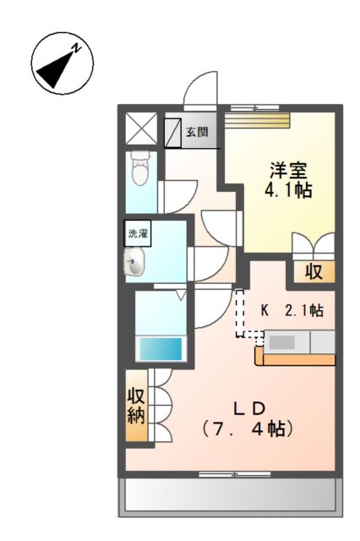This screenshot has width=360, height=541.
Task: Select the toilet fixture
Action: (x=140, y=169)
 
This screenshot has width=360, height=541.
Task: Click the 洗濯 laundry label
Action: (x=138, y=232)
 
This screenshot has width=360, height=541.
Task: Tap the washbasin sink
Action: (x=136, y=263)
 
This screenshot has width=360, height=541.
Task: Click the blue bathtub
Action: (x=161, y=348)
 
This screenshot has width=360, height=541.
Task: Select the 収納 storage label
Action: (x=137, y=406)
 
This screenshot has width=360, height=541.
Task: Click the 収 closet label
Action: (x=314, y=272)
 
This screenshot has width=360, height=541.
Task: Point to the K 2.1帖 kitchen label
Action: (x=291, y=311)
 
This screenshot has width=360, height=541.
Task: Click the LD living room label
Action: (x=249, y=406)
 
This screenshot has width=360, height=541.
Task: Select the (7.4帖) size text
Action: (x=248, y=429)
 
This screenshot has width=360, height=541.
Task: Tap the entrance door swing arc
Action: (x=201, y=87)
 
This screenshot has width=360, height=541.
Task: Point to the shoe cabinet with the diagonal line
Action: (x=173, y=132)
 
